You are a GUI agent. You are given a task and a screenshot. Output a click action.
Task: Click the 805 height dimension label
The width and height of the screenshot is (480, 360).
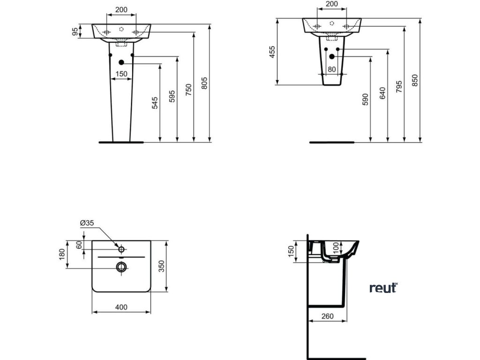(x=204, y=83)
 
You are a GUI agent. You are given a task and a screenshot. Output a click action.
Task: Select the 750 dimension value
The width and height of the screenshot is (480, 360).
(x=188, y=89)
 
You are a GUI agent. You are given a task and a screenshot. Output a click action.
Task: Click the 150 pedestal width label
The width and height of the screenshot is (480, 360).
(x=121, y=74)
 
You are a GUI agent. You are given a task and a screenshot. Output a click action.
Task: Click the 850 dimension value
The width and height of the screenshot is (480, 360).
(x=415, y=81)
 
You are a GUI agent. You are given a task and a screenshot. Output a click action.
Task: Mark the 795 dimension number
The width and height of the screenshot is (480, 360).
(x=398, y=87)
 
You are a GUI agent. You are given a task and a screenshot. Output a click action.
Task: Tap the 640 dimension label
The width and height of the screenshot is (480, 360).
(x=382, y=93)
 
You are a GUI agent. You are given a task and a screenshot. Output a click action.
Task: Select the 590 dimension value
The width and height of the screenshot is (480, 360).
(x=366, y=99)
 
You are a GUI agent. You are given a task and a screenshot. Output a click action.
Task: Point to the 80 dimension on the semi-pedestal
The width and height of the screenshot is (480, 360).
(x=332, y=69)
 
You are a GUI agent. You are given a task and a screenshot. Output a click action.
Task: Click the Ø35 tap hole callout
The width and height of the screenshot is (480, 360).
(x=87, y=224)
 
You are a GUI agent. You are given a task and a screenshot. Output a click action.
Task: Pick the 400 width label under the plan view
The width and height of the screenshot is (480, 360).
(x=121, y=307)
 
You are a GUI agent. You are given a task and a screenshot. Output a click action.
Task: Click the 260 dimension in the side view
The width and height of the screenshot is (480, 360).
(x=328, y=316)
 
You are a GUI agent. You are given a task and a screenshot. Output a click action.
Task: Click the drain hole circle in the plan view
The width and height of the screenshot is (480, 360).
(x=121, y=266)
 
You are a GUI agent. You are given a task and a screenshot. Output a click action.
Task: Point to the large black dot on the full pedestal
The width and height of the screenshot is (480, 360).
(x=121, y=63)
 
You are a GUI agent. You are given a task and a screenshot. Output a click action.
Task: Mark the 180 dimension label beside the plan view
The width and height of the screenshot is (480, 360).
(x=62, y=255)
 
